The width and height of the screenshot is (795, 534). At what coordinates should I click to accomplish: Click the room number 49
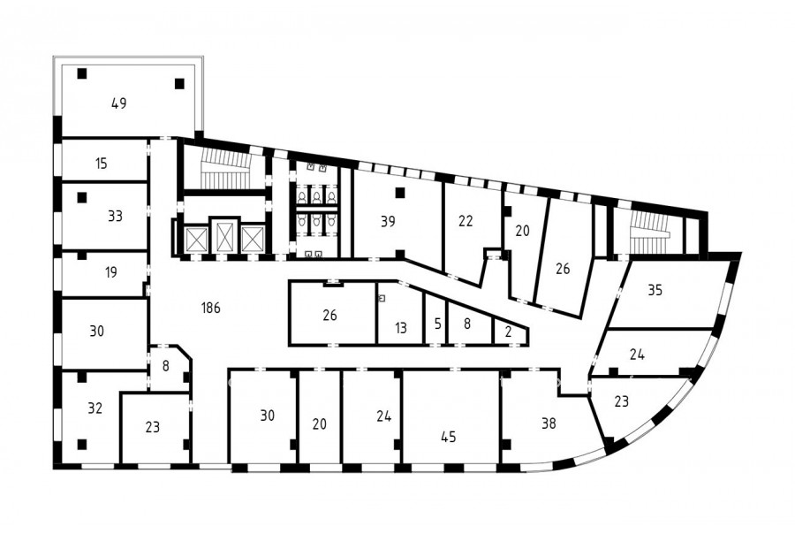(118, 103)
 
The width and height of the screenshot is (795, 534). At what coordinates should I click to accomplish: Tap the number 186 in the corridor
(210, 308)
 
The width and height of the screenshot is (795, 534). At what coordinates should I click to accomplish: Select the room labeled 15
(101, 164)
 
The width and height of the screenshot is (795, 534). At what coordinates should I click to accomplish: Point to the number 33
(115, 216)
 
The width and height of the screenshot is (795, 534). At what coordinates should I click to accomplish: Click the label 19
(111, 272)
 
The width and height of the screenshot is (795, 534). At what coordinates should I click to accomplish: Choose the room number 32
(95, 408)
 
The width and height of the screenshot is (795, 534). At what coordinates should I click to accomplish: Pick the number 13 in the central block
(400, 328)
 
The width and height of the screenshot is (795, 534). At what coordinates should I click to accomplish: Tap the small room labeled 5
(437, 324)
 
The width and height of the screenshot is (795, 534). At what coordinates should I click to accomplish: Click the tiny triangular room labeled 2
(508, 333)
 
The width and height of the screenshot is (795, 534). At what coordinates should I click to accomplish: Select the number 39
(388, 221)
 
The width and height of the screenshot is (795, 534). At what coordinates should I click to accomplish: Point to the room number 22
(466, 221)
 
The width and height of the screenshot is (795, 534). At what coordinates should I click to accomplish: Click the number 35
(655, 290)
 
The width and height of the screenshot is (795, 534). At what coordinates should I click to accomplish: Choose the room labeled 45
(449, 437)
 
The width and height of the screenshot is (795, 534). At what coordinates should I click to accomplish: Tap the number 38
(549, 423)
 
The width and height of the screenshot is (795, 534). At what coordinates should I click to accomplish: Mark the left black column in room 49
(82, 73)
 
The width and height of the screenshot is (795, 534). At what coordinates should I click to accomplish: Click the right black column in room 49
(179, 83)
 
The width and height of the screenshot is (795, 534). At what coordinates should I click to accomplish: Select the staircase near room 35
(650, 228)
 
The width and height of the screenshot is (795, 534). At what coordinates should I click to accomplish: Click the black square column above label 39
(400, 193)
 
